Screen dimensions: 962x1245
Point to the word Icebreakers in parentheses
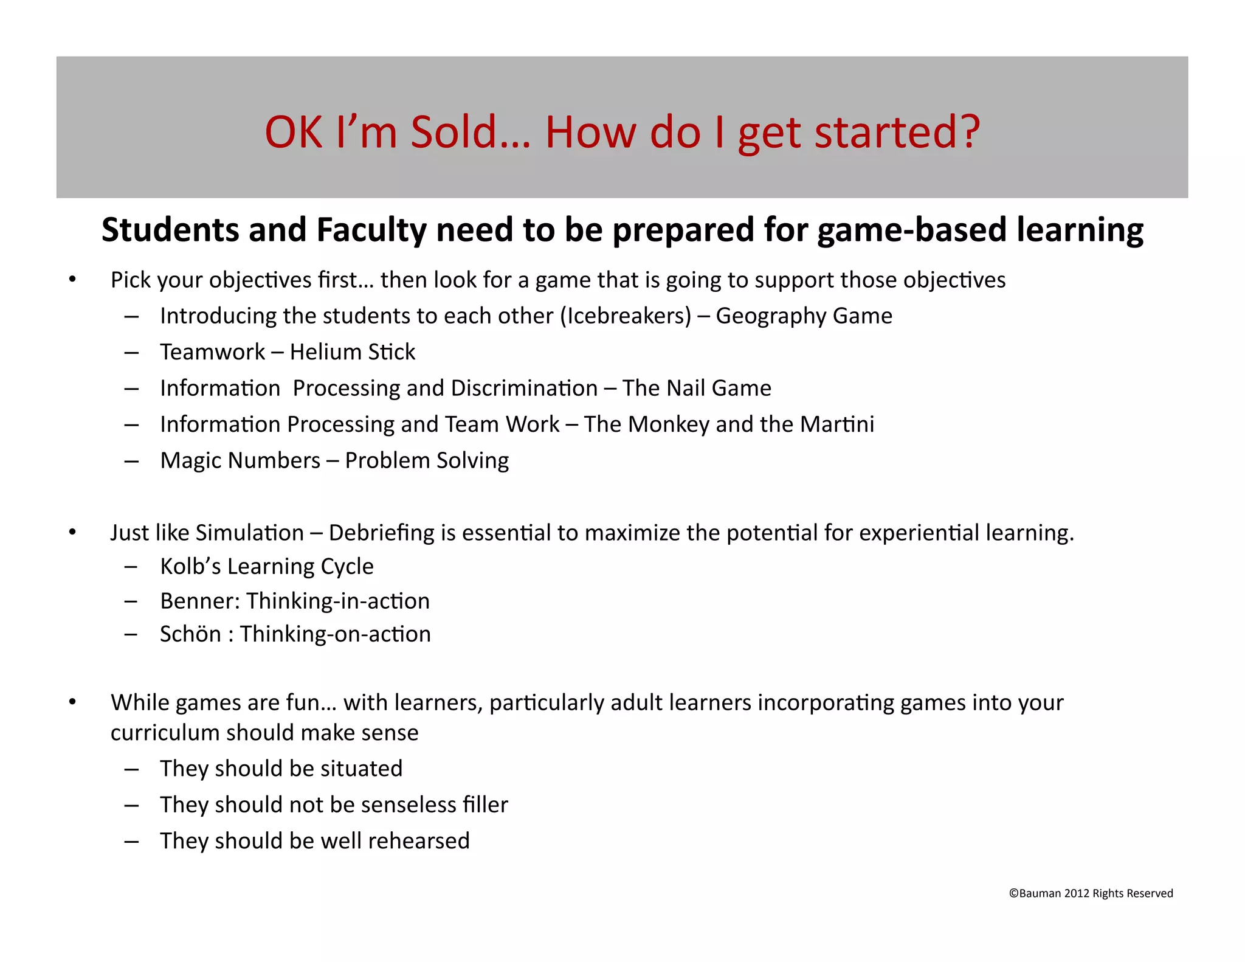point(626,316)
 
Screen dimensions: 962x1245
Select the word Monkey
point(668,424)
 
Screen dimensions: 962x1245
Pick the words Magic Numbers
point(240,461)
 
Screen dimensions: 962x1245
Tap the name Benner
point(200,601)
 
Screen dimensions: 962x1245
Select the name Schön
point(190,634)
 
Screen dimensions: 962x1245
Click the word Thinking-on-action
point(336,634)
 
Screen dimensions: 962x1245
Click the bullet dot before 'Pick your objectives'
point(72,280)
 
